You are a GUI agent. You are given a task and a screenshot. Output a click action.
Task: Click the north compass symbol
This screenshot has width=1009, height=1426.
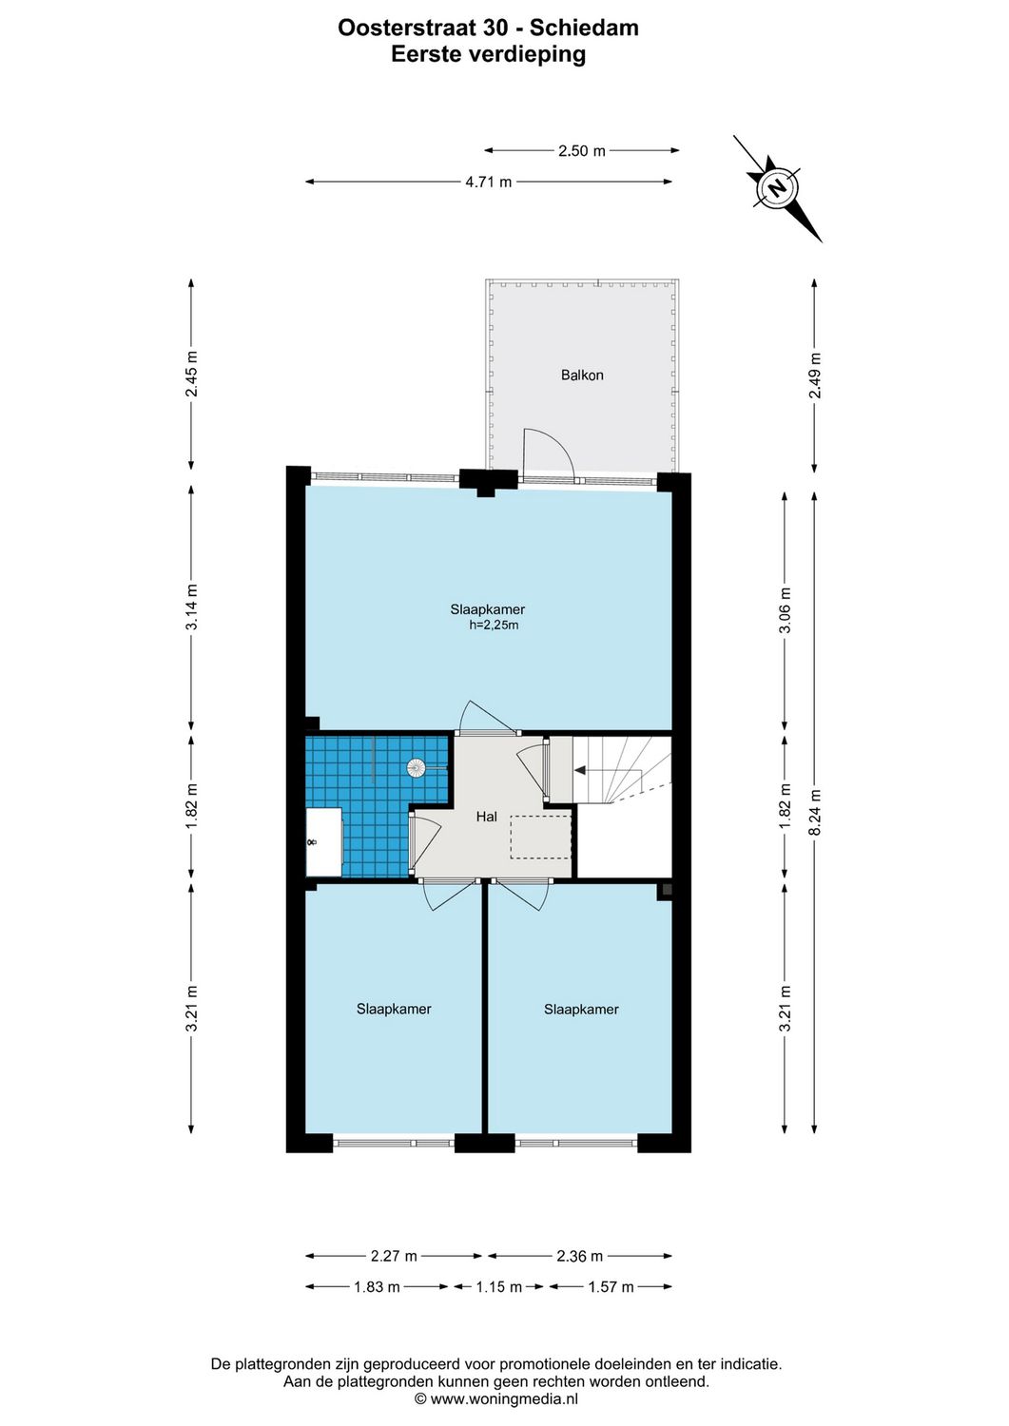click(777, 187)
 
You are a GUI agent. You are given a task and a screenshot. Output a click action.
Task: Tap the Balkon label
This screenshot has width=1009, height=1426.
click(582, 376)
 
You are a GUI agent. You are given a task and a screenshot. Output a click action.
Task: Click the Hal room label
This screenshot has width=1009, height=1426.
click(486, 817)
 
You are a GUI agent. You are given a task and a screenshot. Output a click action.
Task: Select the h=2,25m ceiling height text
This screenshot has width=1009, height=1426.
click(494, 626)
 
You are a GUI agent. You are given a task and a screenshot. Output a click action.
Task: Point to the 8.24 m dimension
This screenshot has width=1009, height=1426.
click(814, 813)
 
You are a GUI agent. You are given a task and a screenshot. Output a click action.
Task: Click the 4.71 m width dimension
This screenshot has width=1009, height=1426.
click(488, 183)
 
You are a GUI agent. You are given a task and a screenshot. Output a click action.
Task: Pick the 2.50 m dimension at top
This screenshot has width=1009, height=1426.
click(581, 151)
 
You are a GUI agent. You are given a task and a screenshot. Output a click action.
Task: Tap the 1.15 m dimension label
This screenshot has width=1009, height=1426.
click(498, 1287)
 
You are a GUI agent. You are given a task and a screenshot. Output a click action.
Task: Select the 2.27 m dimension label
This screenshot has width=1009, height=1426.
click(394, 1256)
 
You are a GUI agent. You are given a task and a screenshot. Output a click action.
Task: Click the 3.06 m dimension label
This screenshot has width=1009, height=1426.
click(785, 611)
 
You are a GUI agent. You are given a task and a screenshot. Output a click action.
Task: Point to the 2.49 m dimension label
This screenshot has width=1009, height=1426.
click(814, 376)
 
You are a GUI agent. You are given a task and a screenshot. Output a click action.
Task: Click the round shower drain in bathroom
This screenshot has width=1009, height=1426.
click(416, 766)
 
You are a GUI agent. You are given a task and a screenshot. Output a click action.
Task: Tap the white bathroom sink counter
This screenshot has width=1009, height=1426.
click(323, 842)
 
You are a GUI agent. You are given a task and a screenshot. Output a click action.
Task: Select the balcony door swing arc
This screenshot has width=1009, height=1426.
click(552, 450)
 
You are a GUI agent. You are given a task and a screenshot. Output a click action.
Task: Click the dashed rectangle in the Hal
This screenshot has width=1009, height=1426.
click(540, 837)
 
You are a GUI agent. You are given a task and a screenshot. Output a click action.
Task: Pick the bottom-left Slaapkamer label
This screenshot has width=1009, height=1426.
click(394, 1010)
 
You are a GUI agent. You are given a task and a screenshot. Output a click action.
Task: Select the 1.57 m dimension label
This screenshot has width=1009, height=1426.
click(611, 1287)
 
